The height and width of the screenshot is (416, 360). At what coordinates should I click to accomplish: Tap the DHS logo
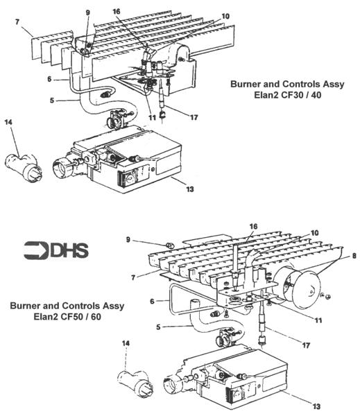coord(55,250)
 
